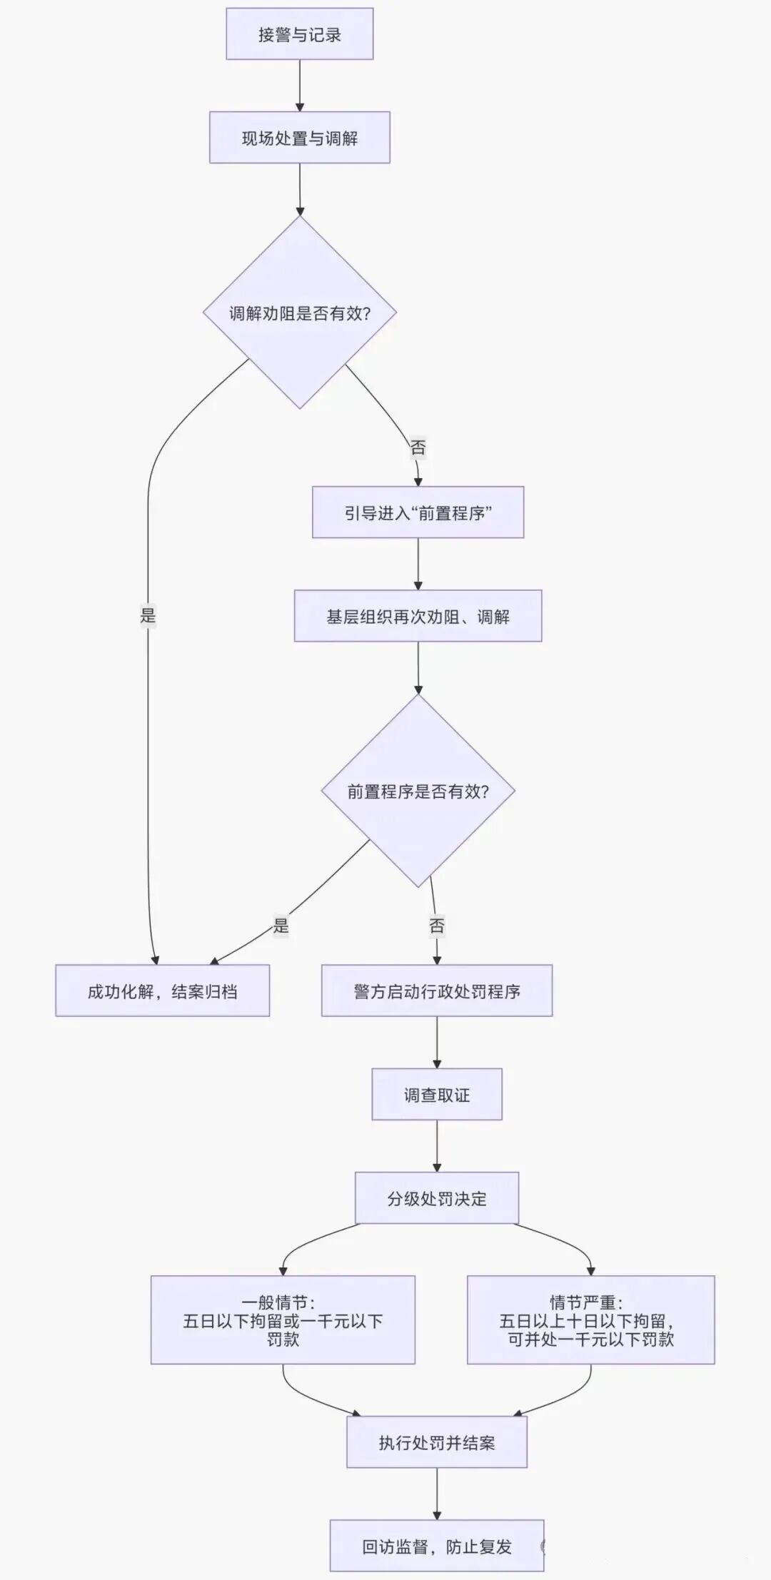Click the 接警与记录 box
(299, 34)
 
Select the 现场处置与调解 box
(299, 138)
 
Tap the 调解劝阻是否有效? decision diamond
(299, 313)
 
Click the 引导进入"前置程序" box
(418, 512)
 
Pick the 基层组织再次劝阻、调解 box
(418, 616)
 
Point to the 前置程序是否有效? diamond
(418, 791)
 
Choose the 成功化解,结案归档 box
(162, 991)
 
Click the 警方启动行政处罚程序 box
(436, 991)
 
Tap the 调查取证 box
(436, 1094)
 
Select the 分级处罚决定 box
(436, 1197)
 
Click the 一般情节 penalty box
(283, 1320)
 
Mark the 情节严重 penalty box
(590, 1320)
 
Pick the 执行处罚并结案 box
(436, 1442)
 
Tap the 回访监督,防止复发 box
(436, 1546)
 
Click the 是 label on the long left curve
(148, 615)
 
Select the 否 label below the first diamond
(418, 447)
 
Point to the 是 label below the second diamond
(281, 926)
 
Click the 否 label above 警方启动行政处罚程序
(436, 926)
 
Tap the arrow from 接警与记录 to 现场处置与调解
(299, 85)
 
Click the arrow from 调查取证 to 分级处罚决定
(436, 1145)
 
